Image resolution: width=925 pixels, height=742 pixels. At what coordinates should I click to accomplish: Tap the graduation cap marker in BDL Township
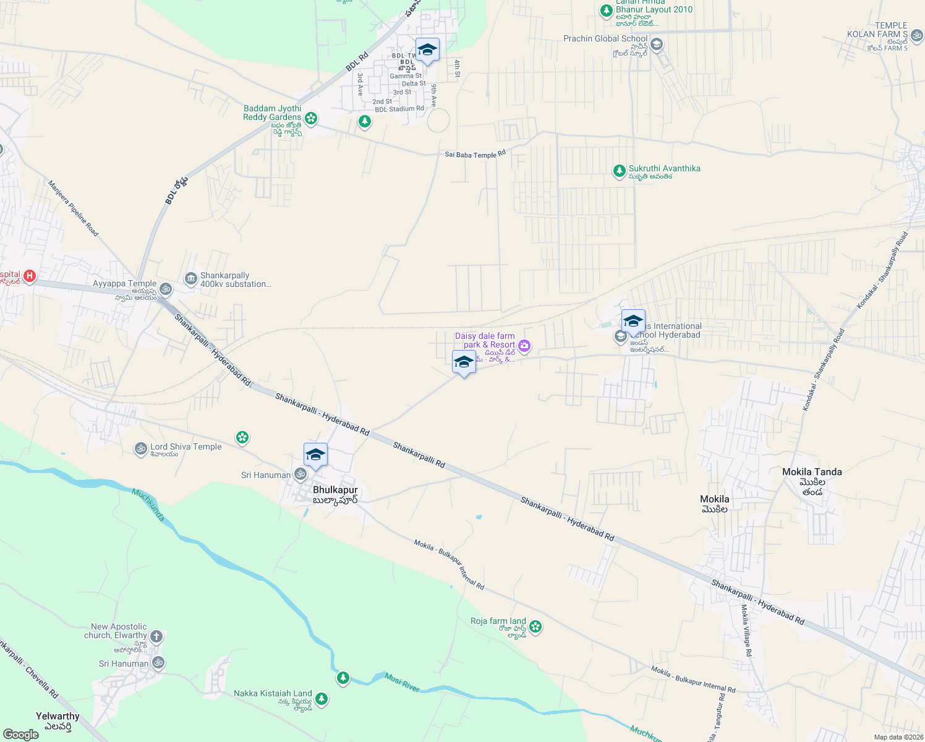point(427,50)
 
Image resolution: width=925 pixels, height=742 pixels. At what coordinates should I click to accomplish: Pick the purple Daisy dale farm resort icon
point(524,346)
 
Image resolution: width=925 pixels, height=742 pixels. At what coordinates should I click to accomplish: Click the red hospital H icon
point(29,276)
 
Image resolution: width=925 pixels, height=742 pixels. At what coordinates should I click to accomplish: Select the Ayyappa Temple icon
point(166,289)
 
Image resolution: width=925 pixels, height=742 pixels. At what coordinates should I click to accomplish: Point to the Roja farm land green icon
point(535,627)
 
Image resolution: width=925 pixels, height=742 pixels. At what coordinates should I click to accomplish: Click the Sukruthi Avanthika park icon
point(619,171)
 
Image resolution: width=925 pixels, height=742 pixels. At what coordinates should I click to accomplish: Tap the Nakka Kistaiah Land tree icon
point(321,699)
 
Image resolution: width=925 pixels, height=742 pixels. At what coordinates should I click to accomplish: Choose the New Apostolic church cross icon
point(156,636)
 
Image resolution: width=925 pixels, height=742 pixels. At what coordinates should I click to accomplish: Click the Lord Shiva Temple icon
point(141,448)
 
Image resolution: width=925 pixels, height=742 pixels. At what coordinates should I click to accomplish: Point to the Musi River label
point(402,681)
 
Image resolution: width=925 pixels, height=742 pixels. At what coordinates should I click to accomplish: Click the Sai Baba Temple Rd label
point(475,154)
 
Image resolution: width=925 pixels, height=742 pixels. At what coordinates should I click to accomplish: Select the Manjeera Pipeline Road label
point(73,208)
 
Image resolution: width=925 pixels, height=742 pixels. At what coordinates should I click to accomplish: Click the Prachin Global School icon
point(657,45)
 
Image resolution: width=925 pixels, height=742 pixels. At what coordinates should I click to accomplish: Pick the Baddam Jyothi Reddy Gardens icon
point(311,117)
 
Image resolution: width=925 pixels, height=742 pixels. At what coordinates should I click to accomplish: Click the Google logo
point(21,735)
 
